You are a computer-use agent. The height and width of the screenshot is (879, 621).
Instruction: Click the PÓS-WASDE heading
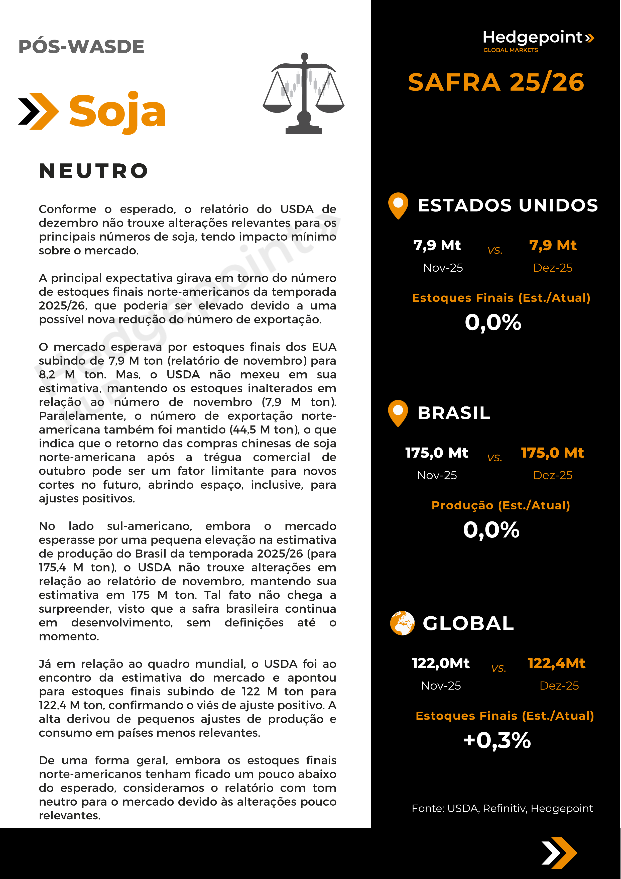[x=81, y=47]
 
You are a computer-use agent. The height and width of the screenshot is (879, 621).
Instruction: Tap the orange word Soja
[x=117, y=112]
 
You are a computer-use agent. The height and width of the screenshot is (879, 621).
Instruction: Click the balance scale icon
[x=304, y=93]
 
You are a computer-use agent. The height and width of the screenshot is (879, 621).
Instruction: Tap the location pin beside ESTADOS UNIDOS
[x=398, y=205]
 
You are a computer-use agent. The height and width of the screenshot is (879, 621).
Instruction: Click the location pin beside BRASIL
[x=398, y=413]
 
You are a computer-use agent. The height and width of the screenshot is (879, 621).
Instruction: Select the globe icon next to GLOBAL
[x=402, y=623]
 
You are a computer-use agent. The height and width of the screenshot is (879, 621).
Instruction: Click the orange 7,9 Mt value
[x=553, y=245]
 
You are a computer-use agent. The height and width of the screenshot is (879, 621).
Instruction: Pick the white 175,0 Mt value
[x=437, y=453]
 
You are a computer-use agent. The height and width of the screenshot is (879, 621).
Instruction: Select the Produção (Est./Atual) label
[x=501, y=505]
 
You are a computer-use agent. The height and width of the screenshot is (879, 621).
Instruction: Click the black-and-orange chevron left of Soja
[x=39, y=112]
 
